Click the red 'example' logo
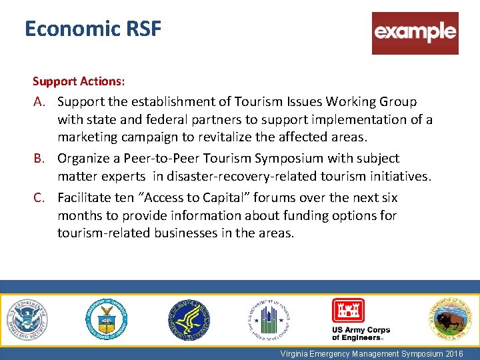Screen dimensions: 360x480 pyautogui.click(x=415, y=33)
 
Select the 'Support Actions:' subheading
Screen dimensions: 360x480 pyautogui.click(x=79, y=81)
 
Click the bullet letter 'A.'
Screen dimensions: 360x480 pyautogui.click(x=41, y=102)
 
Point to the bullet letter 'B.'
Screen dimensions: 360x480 pyautogui.click(x=41, y=159)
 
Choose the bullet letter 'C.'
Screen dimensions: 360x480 pyautogui.click(x=41, y=198)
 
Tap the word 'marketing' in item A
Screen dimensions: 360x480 pyautogui.click(x=90, y=137)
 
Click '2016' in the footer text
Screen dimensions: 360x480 pyautogui.click(x=451, y=354)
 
